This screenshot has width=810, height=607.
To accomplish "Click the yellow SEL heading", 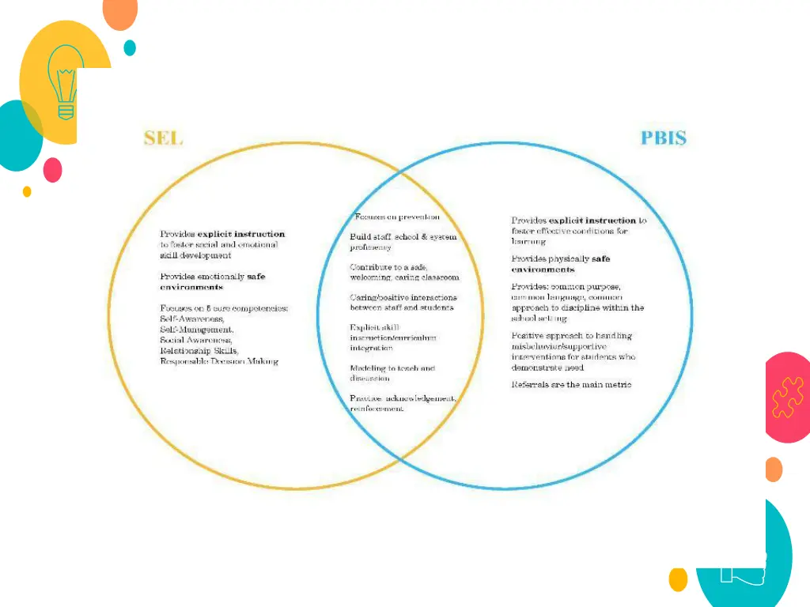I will point(163,138).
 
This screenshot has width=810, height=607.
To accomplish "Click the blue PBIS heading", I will point(663,138).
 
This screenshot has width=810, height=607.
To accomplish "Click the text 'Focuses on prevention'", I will point(396,217).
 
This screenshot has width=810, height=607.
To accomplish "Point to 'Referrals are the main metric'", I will point(571,385).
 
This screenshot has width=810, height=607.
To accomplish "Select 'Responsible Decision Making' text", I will point(219,361).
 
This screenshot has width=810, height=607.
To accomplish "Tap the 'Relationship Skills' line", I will point(199,350).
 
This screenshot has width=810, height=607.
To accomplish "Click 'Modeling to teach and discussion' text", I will point(392,373).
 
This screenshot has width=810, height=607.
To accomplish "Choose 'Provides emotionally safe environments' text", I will point(212,281).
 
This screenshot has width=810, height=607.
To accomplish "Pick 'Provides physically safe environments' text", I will point(561,264).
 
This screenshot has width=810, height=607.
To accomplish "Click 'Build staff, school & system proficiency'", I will point(403,242).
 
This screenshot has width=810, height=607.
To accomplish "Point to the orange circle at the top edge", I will point(120,11).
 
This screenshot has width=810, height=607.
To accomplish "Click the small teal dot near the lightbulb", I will point(130,47).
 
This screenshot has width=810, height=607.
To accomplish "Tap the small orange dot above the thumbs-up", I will point(774,469).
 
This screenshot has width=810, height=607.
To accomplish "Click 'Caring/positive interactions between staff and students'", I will point(403,302).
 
